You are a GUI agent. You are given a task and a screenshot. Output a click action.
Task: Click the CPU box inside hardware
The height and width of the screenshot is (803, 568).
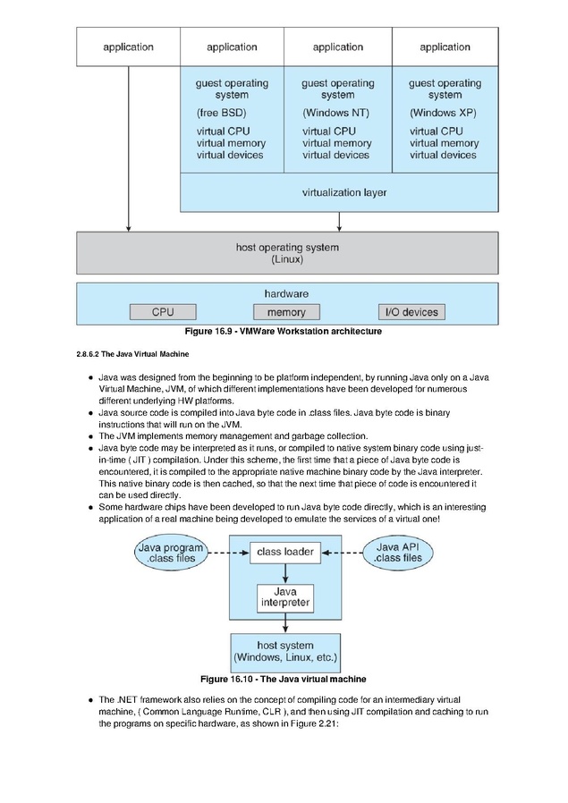[x=163, y=312]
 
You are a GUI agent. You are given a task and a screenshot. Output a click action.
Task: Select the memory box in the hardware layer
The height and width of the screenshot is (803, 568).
[x=286, y=312]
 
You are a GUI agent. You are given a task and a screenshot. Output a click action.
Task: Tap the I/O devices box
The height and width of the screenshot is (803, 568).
[x=411, y=312]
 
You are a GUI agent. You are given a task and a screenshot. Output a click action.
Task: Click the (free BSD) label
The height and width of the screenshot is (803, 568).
[x=221, y=113]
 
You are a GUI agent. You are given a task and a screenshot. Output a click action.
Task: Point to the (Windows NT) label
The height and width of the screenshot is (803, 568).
[x=336, y=113]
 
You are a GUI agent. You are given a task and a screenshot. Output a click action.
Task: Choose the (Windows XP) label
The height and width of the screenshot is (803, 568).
[x=443, y=113]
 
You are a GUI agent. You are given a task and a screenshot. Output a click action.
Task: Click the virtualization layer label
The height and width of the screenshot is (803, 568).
[x=344, y=192]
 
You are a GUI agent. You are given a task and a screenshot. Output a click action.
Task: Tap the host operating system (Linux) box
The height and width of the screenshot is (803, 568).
[x=287, y=253]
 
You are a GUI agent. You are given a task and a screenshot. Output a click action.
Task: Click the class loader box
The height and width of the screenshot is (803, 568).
[x=285, y=553]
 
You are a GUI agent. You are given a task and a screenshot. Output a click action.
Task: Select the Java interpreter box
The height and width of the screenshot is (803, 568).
[x=285, y=598]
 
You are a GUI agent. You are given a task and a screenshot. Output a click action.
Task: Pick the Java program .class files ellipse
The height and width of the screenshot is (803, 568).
[x=171, y=554]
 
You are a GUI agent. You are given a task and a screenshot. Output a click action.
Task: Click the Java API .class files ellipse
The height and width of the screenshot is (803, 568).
[x=398, y=553]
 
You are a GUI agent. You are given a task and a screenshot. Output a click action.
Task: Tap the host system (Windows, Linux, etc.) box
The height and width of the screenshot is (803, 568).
[x=285, y=653]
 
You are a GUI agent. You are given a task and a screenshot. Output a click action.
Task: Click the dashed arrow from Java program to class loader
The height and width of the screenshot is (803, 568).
[x=229, y=554]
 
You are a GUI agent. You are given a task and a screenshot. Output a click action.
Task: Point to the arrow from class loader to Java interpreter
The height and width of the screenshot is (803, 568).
[x=285, y=573]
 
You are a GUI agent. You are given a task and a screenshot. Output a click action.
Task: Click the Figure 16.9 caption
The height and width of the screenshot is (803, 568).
[x=284, y=332]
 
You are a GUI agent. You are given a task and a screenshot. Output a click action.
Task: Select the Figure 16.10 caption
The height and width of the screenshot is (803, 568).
[x=284, y=679]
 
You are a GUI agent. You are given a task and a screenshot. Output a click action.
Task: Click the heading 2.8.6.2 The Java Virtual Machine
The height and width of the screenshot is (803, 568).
[x=132, y=354]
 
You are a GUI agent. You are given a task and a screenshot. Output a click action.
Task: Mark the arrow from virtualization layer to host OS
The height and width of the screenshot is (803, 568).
[x=339, y=222]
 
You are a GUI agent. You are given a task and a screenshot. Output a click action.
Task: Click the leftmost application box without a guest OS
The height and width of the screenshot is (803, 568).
[x=128, y=46]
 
